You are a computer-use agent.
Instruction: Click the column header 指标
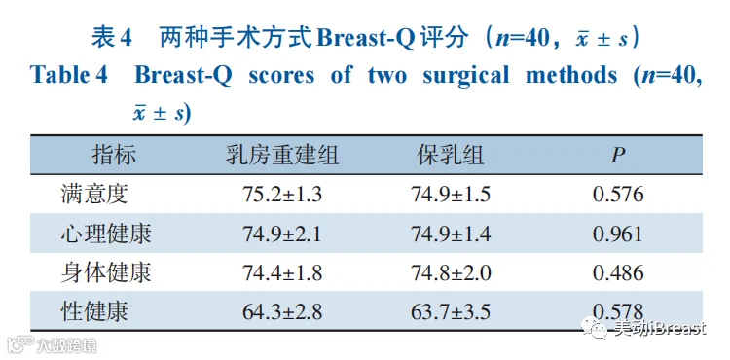pyautogui.click(x=114, y=156)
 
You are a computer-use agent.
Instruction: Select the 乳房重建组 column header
pyautogui.click(x=282, y=156)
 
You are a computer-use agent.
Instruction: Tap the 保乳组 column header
pyautogui.click(x=451, y=156)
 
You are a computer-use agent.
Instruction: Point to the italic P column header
pyautogui.click(x=618, y=156)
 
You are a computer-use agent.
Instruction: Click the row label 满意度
pyautogui.click(x=94, y=195)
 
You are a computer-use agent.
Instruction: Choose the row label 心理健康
pyautogui.click(x=106, y=234)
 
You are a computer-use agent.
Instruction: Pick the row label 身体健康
pyautogui.click(x=106, y=272)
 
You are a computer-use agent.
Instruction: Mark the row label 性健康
pyautogui.click(x=94, y=311)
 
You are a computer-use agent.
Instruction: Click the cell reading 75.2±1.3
pyautogui.click(x=282, y=195)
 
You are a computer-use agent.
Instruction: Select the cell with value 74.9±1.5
pyautogui.click(x=451, y=195)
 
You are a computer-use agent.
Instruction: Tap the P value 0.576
pyautogui.click(x=618, y=195)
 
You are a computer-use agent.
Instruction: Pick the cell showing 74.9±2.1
pyautogui.click(x=282, y=234)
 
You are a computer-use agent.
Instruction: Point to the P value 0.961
pyautogui.click(x=618, y=234)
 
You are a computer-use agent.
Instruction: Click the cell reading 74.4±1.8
pyautogui.click(x=282, y=273)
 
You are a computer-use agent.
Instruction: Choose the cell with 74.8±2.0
pyautogui.click(x=451, y=273)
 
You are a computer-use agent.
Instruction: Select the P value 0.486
pyautogui.click(x=618, y=273)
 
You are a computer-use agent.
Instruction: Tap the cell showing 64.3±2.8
pyautogui.click(x=282, y=312)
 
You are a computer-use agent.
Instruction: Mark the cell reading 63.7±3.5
pyautogui.click(x=451, y=312)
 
